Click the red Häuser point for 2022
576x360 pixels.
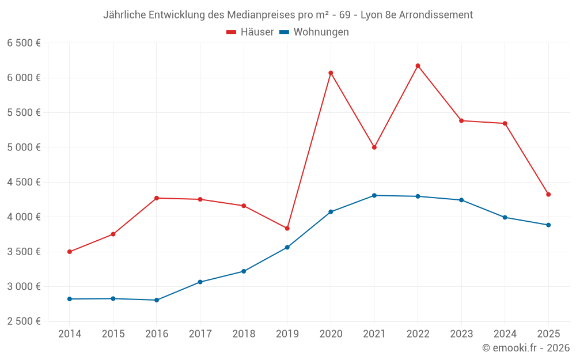pos(418,66)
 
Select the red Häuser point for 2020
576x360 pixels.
pos(331,73)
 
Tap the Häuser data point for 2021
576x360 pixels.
pos(374,147)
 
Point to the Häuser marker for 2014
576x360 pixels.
pos(70,252)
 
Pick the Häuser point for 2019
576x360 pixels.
pos(287,229)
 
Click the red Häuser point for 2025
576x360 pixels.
pos(548,195)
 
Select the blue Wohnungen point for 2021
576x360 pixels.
pos(374,195)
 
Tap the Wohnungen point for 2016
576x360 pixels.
pos(157,300)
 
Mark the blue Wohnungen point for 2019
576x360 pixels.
pos(287,248)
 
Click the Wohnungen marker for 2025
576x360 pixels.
pos(548,225)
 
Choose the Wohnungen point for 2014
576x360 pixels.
pos(70,299)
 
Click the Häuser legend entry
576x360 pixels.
pos(250,32)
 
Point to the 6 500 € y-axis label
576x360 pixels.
pos(24,43)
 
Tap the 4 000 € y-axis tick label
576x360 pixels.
pos(24,217)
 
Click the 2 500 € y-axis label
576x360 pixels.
pos(24,321)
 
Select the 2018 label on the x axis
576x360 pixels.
pos(244,334)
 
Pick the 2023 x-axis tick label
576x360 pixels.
pos(461,334)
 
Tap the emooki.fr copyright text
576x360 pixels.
pos(526,348)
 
